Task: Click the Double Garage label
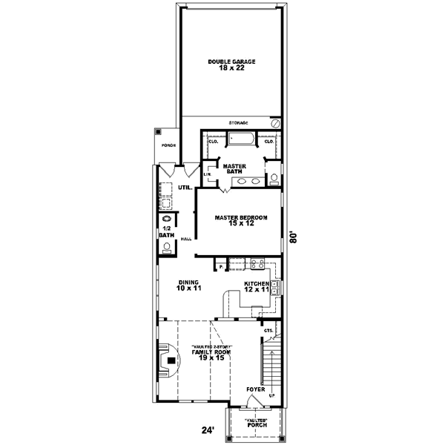[231, 65]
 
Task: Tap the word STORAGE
[237, 122]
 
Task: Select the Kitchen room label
[257, 286]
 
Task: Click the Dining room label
[189, 285]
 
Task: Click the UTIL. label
[185, 188]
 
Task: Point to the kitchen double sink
[275, 288]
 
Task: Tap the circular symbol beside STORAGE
[275, 122]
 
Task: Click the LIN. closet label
[207, 174]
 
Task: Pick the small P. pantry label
[220, 265]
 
